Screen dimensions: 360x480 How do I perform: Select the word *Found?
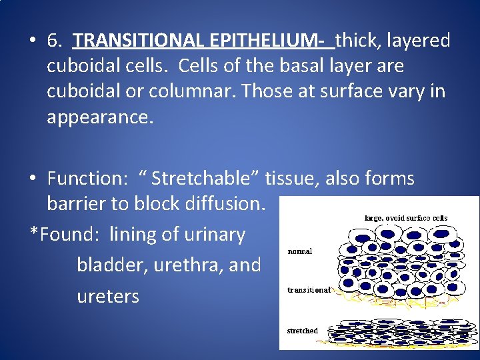(67, 235)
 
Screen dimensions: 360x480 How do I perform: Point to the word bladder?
(112, 265)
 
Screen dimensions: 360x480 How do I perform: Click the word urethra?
(188, 265)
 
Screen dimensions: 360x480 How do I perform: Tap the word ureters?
(108, 296)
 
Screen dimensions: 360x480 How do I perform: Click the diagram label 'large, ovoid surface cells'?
(405, 217)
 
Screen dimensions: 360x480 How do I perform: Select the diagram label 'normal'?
(300, 252)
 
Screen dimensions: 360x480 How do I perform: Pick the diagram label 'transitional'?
(308, 290)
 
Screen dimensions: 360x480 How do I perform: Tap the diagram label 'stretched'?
(302, 331)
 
